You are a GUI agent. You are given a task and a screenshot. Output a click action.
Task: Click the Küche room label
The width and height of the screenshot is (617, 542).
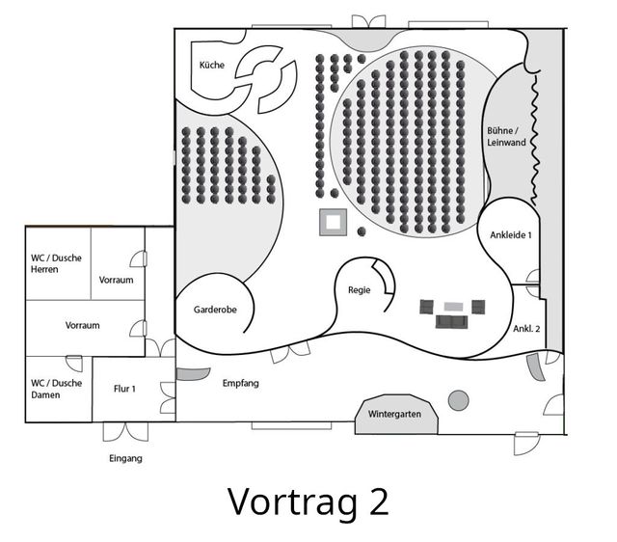tap(212, 65)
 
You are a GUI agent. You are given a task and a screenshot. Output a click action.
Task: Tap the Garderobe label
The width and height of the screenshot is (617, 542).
tap(215, 310)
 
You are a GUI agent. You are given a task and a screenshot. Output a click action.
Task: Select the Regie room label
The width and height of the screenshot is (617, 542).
tap(360, 290)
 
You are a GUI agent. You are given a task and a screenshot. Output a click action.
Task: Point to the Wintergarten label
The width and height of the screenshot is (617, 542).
tap(394, 414)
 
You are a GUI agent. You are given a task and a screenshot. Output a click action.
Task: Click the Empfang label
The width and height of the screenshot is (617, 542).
tap(241, 383)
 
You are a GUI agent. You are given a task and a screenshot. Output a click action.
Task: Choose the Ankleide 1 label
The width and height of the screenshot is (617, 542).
tap(511, 235)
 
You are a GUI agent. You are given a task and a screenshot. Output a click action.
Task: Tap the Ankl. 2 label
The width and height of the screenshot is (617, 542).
tap(526, 328)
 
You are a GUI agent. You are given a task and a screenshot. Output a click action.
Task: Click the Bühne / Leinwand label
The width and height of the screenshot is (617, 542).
tap(506, 136)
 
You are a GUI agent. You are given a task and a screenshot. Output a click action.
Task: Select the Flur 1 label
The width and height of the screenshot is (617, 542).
tap(124, 389)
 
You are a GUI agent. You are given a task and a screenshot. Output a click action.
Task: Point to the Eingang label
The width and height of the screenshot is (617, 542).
tap(125, 458)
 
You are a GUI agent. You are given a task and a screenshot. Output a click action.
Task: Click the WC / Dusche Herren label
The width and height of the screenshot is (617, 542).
tap(56, 263)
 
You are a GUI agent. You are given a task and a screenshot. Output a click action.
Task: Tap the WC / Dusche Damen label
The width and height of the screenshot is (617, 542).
tap(56, 389)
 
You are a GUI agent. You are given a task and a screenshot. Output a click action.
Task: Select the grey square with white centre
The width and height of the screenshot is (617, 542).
tap(333, 223)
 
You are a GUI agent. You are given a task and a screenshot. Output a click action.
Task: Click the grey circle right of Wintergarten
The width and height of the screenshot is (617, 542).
tap(459, 400)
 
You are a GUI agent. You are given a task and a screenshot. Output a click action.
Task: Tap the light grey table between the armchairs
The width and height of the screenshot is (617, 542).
tap(454, 307)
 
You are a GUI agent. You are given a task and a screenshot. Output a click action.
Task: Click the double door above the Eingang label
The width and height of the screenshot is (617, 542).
tap(126, 431)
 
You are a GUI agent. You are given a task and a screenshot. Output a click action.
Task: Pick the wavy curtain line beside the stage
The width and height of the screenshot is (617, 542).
tap(534, 140)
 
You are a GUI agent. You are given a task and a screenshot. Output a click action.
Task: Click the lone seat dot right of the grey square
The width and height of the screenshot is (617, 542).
tap(362, 231)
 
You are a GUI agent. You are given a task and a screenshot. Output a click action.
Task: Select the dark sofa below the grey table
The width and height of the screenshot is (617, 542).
tap(452, 322)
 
